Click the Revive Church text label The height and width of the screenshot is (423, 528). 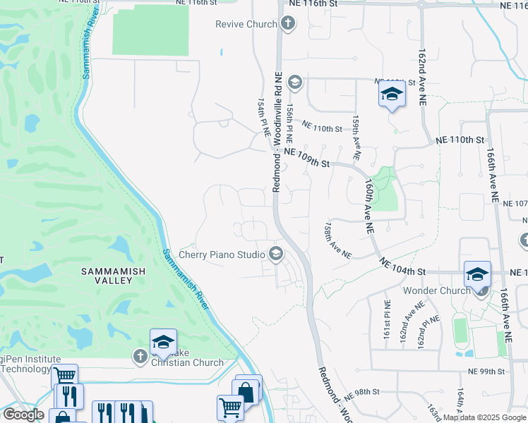246,25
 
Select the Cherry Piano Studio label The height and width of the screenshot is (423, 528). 222,254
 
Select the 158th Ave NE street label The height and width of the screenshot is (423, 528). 337,242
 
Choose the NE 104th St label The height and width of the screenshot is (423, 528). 403,266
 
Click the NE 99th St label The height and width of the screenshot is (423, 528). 488,370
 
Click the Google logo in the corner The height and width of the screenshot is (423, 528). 23,415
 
